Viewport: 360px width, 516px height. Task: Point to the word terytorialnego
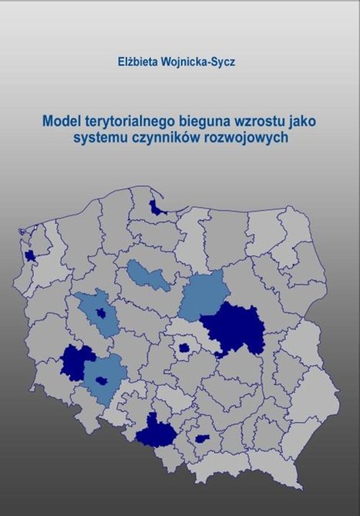click(127, 122)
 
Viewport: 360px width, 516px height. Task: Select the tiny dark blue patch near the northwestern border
click(30, 256)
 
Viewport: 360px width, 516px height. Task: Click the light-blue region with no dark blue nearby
click(149, 275)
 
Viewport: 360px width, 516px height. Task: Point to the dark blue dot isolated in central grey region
click(184, 347)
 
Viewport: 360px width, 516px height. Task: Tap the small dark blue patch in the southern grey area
click(203, 438)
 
